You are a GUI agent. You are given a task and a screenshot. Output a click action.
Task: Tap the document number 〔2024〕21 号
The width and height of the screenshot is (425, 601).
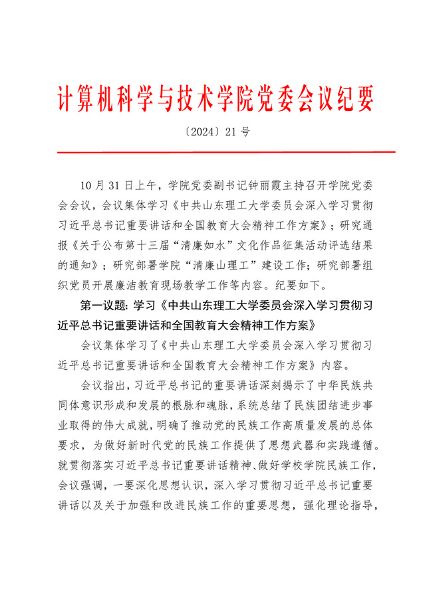213,131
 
